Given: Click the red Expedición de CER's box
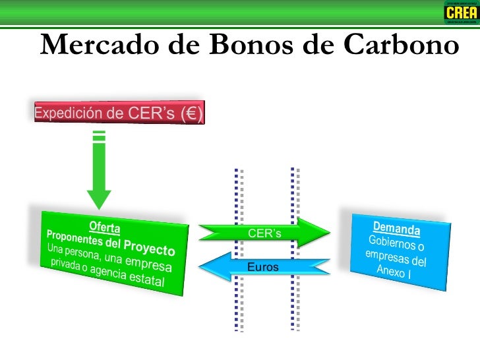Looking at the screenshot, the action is tap(119, 113).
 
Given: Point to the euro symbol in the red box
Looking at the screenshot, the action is tap(193, 114).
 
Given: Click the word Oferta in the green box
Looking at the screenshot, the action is tap(105, 228).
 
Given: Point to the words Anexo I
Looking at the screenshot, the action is tap(394, 271).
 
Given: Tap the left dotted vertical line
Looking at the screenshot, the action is tap(238, 251).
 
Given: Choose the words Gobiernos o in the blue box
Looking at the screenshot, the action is tap(396, 243).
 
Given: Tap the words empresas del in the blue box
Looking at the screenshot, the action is tap(396, 257).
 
